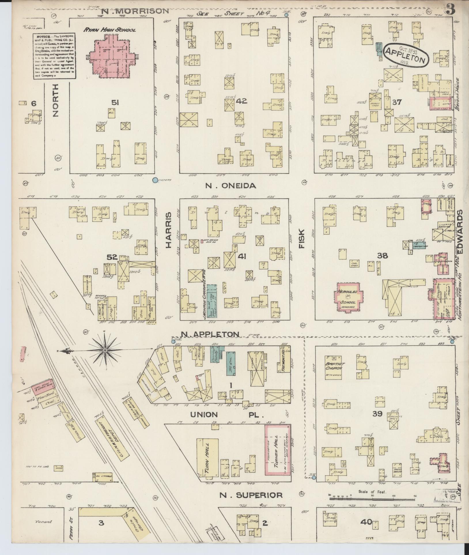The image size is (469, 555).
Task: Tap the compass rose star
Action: tap(105, 350)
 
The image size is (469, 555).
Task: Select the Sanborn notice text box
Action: tap(54, 56)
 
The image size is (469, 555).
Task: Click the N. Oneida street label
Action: tap(230, 186)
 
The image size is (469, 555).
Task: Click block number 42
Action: tap(241, 101)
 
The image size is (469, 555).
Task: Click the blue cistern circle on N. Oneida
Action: tap(155, 180)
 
